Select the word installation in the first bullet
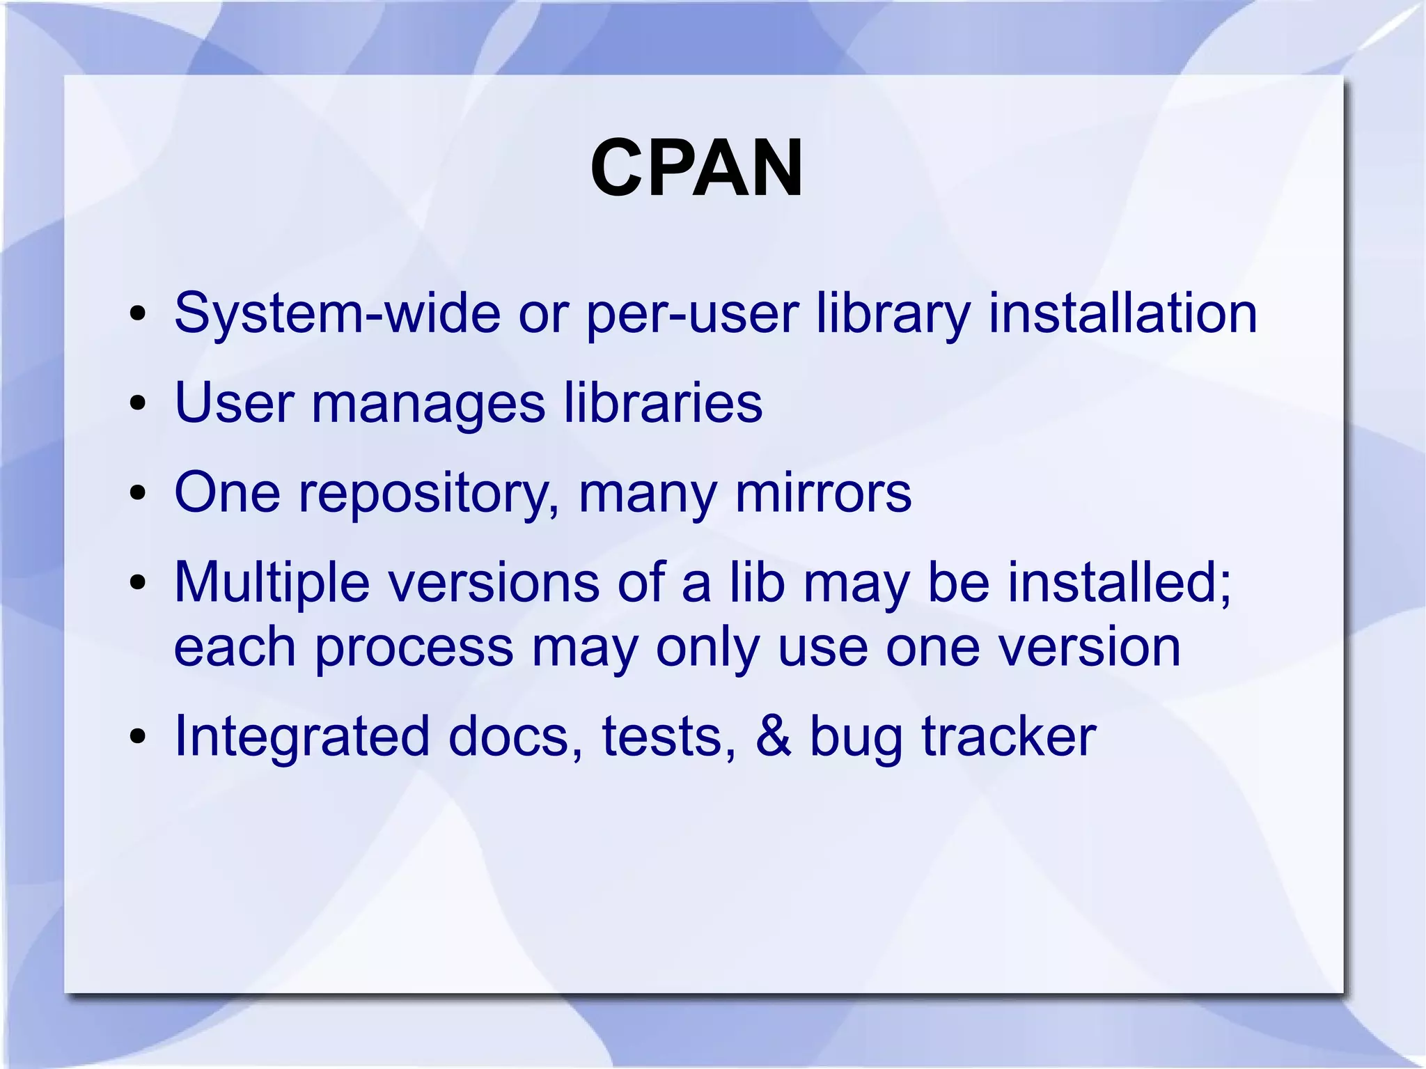tap(1122, 313)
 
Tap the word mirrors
tap(823, 492)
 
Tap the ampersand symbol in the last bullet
tap(773, 737)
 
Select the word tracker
tap(1009, 737)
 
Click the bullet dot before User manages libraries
tap(138, 403)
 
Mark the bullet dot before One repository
tap(138, 493)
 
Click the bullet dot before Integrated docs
tap(138, 737)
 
